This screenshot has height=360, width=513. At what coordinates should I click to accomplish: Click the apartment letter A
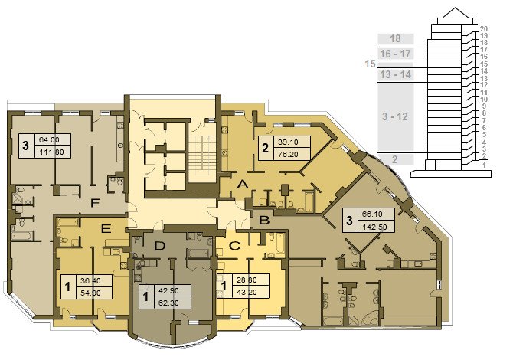coord(243,185)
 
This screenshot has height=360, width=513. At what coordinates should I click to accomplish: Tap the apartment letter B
coord(264,221)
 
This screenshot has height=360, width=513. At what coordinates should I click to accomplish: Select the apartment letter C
coord(234,246)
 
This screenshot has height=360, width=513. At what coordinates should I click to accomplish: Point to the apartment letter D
coord(160,246)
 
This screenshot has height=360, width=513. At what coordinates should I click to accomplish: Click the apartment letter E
coord(106,229)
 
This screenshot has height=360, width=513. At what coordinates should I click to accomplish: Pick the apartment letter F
coord(94,203)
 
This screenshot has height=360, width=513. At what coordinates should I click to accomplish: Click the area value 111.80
coord(51,152)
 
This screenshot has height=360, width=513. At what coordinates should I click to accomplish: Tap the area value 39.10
coord(288,142)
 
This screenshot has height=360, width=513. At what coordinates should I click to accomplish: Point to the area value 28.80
coord(247,280)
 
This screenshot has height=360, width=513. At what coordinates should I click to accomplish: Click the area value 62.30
coord(168,303)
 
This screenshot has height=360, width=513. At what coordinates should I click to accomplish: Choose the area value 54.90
coord(90,293)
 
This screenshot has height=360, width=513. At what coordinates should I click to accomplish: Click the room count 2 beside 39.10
coord(265,148)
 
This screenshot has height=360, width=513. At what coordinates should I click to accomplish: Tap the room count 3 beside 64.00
coord(25,146)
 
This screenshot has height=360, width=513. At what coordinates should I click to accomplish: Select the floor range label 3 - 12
coord(395,117)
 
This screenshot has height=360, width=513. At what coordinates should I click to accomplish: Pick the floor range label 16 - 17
coord(395,54)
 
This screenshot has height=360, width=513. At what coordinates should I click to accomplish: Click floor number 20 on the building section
coord(484,29)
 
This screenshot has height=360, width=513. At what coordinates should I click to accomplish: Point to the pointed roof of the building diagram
coord(455,13)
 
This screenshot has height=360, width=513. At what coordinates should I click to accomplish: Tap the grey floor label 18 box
coord(396,38)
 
